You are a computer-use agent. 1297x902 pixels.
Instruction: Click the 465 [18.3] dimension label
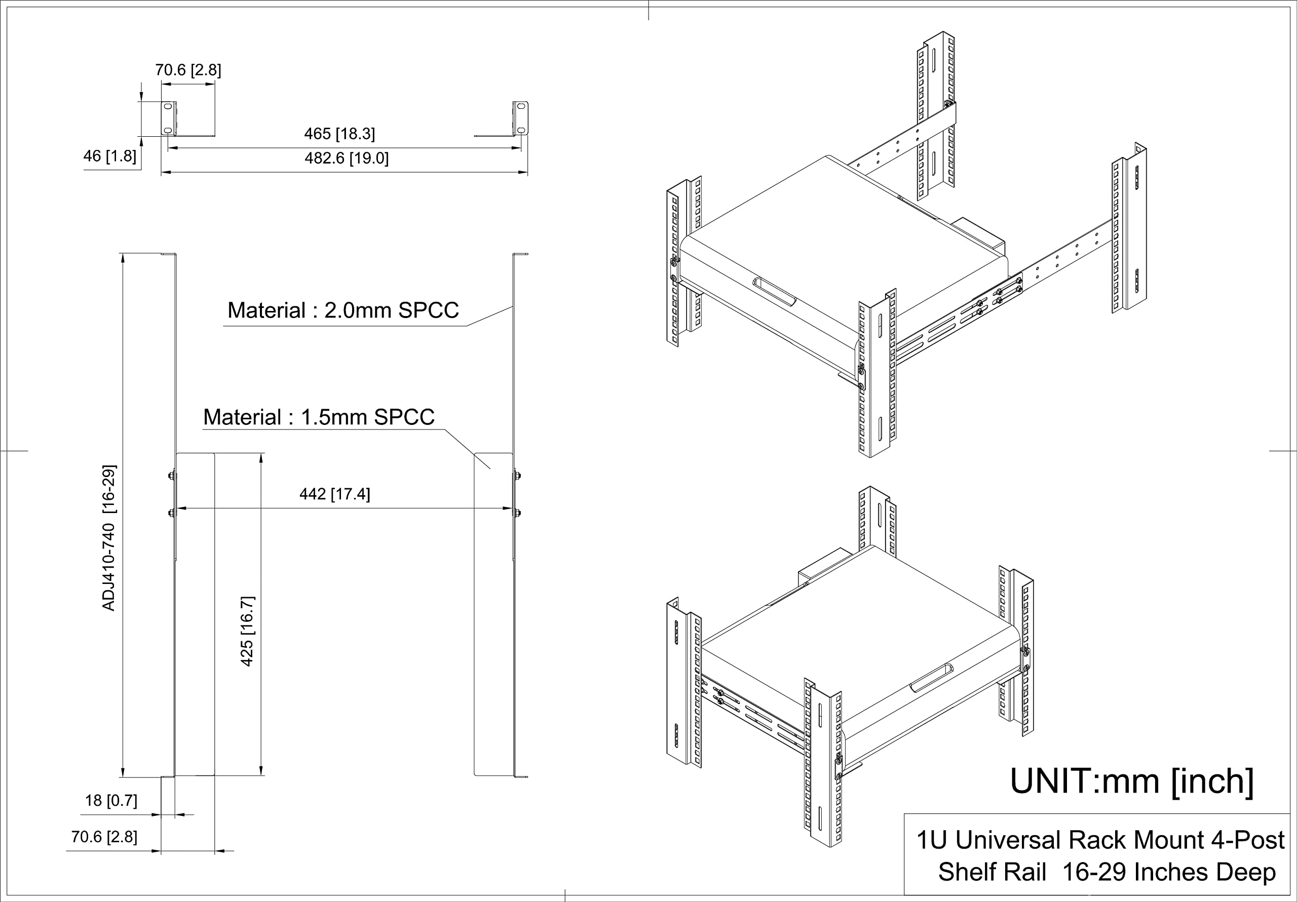[x=339, y=134]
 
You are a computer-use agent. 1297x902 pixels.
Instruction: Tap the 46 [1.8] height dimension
[x=109, y=156]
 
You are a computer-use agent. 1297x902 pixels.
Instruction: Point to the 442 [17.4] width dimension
[x=334, y=494]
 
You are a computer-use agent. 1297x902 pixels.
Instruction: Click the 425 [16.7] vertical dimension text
[x=247, y=631]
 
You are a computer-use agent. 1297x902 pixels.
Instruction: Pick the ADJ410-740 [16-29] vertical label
[x=108, y=538]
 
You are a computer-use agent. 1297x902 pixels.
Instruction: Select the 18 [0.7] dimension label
[x=111, y=800]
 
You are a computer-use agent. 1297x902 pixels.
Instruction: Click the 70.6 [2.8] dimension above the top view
[x=187, y=70]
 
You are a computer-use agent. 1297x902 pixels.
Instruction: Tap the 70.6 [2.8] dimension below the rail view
[x=104, y=837]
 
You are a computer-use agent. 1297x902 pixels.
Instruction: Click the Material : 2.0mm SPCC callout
[x=343, y=310]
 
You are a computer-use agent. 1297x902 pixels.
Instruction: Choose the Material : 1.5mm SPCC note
[x=319, y=417]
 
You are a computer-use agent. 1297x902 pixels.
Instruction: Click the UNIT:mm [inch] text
[x=1131, y=781]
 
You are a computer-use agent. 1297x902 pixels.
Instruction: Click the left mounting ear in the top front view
[x=168, y=118]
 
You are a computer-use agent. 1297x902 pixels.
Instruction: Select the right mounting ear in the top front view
[x=521, y=118]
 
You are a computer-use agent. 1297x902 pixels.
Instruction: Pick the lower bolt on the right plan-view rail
[x=517, y=513]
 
